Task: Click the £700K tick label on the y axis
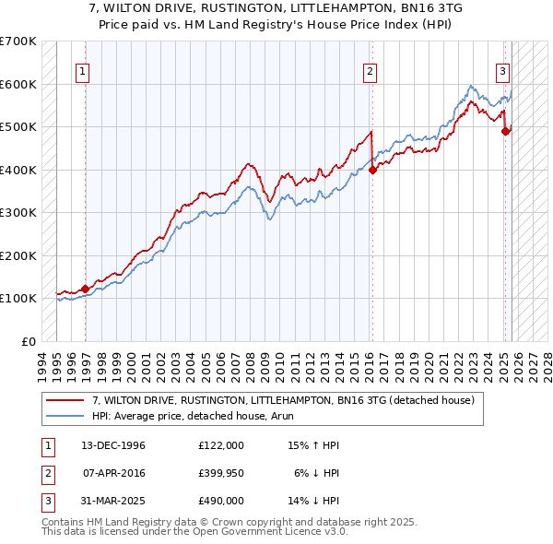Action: point(18,41)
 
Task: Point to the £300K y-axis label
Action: point(18,213)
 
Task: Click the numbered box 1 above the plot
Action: point(83,71)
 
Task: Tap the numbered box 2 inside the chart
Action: point(370,71)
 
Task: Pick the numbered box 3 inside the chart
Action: point(503,71)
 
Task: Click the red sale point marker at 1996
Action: point(85,289)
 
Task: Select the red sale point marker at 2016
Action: point(372,170)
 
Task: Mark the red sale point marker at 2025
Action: point(505,131)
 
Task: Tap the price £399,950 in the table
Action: point(220,473)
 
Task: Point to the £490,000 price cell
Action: point(220,501)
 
